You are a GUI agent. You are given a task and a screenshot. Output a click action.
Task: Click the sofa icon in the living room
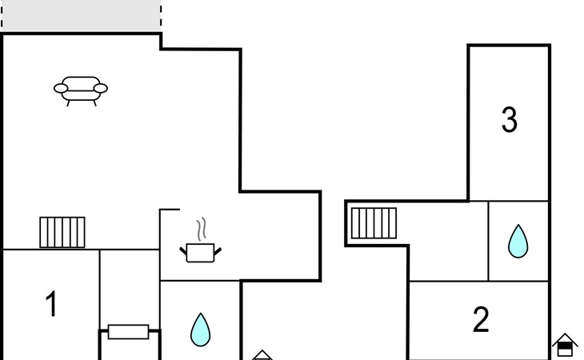tap(81, 90)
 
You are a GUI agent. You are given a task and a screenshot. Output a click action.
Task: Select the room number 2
tap(481, 320)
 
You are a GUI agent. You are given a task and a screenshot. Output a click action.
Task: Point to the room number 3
tap(509, 120)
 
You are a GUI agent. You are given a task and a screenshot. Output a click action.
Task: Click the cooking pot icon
tap(200, 253)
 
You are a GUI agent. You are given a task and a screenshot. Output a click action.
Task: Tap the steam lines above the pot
tap(203, 229)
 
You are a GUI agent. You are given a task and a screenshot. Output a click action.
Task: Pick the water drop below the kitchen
tap(200, 330)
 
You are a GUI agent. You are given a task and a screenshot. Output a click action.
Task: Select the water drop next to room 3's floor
tap(518, 241)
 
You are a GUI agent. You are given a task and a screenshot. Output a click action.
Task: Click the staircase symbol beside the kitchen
tap(62, 232)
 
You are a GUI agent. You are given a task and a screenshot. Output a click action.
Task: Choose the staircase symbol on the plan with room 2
tap(374, 223)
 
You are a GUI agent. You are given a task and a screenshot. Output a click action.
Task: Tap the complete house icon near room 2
tap(565, 345)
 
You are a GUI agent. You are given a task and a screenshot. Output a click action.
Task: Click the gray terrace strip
tap(81, 17)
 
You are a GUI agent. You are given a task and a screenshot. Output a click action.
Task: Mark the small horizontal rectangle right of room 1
tap(128, 331)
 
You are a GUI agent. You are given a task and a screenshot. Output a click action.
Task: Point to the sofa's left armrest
tap(60, 89)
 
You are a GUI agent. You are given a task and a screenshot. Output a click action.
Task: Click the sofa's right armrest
tap(102, 89)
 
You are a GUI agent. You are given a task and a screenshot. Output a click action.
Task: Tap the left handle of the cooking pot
tap(183, 250)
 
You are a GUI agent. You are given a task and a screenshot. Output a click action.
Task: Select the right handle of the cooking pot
tap(218, 250)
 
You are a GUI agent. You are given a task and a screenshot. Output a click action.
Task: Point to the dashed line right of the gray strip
tap(161, 16)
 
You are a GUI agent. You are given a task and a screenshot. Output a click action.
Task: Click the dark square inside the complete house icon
tap(565, 349)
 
